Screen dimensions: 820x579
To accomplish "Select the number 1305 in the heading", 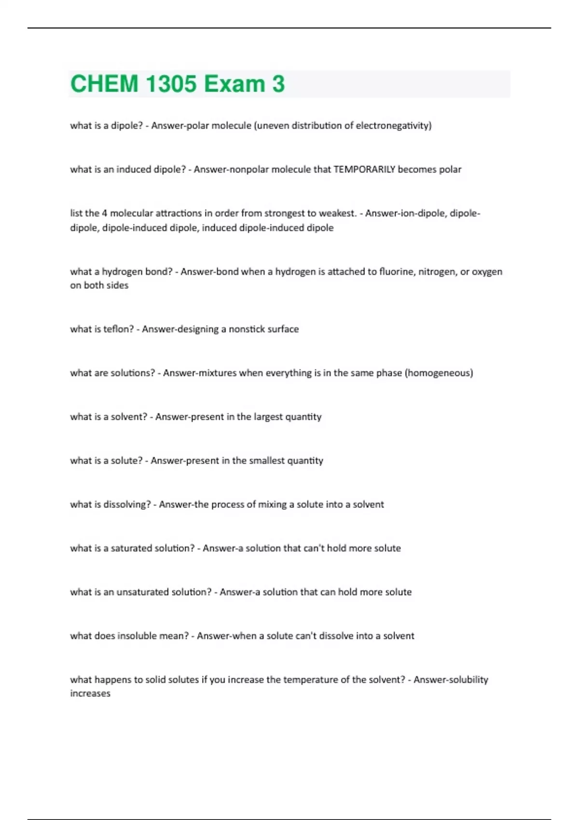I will [x=171, y=84].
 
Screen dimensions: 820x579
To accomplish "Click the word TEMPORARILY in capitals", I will [x=364, y=169].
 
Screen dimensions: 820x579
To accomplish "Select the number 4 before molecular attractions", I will [x=105, y=213].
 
